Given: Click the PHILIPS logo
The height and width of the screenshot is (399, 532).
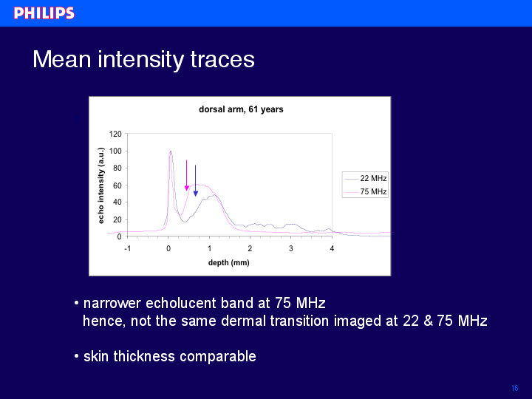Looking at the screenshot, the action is click(44, 13).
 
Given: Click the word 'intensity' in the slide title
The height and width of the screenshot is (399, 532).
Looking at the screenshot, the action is click(140, 60).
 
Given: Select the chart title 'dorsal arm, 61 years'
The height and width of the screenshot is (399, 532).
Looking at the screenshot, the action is click(241, 109).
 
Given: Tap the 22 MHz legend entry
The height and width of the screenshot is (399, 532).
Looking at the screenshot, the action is click(366, 178).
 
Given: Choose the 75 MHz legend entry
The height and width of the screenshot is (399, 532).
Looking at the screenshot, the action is click(366, 191).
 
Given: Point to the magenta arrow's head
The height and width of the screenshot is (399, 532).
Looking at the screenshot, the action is click(187, 188).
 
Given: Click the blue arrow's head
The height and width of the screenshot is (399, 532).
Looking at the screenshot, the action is click(195, 194).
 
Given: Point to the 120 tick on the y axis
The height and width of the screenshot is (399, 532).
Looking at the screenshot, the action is click(115, 134).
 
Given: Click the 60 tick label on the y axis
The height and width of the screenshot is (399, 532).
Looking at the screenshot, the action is click(117, 185).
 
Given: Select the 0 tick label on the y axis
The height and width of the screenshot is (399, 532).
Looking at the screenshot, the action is click(119, 237).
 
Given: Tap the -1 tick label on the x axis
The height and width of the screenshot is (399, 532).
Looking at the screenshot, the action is click(127, 249).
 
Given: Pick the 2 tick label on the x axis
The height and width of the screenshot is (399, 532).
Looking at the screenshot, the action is click(250, 249).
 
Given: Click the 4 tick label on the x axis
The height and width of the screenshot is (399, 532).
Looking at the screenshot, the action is click(332, 249).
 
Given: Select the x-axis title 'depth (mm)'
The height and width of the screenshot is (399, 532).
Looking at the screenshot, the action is click(228, 262).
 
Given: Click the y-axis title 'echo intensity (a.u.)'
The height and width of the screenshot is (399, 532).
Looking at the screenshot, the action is click(100, 185).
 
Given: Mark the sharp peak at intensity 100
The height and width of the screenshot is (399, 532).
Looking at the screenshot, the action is click(171, 151).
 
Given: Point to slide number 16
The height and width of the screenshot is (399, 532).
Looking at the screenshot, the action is click(515, 388).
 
